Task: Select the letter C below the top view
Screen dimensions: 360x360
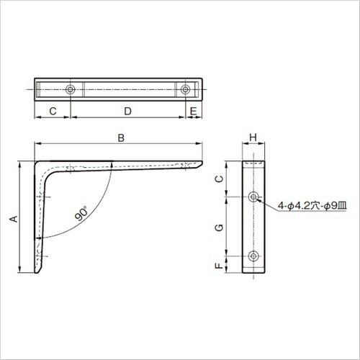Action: click(x=53, y=111)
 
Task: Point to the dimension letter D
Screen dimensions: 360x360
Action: click(x=127, y=111)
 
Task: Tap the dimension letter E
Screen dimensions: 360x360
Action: click(x=194, y=111)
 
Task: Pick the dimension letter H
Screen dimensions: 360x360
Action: click(x=253, y=137)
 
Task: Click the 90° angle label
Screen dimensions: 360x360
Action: click(x=81, y=214)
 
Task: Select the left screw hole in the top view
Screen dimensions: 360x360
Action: click(x=70, y=90)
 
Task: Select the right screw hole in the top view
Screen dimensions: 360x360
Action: click(x=186, y=90)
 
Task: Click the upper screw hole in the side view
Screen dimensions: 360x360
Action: click(x=253, y=197)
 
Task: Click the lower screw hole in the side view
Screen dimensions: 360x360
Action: click(x=253, y=256)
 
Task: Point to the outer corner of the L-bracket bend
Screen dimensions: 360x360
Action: click(x=37, y=163)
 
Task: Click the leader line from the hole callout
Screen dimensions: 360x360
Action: click(x=268, y=202)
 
